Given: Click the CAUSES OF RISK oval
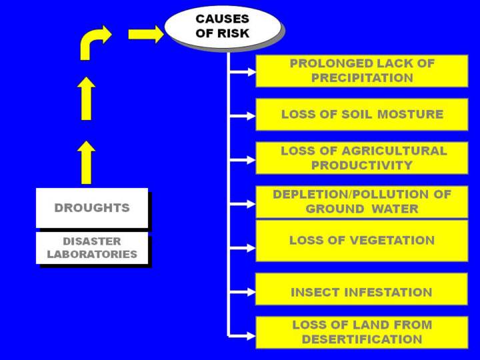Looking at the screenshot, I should click(223, 27).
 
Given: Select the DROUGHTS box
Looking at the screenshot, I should click(92, 208).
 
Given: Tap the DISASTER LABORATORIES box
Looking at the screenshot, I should click(92, 248).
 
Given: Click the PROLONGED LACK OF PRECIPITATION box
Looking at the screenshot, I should click(361, 71).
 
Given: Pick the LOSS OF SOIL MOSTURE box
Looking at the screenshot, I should click(361, 114).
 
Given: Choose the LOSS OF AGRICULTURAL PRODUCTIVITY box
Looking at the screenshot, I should click(361, 158).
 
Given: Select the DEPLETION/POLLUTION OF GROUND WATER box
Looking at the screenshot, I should click(361, 202).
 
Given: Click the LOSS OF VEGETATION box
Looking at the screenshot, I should click(361, 240).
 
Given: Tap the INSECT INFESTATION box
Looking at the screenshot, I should click(361, 292).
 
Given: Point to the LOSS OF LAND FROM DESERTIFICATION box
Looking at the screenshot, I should click(361, 332).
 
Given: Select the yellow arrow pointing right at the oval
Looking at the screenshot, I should click(146, 34).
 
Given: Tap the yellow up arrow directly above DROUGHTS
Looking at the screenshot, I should click(86, 162).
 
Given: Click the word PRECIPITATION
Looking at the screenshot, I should click(362, 78).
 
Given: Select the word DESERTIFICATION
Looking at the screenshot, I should click(362, 339).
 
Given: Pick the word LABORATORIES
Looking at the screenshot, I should click(92, 255).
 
